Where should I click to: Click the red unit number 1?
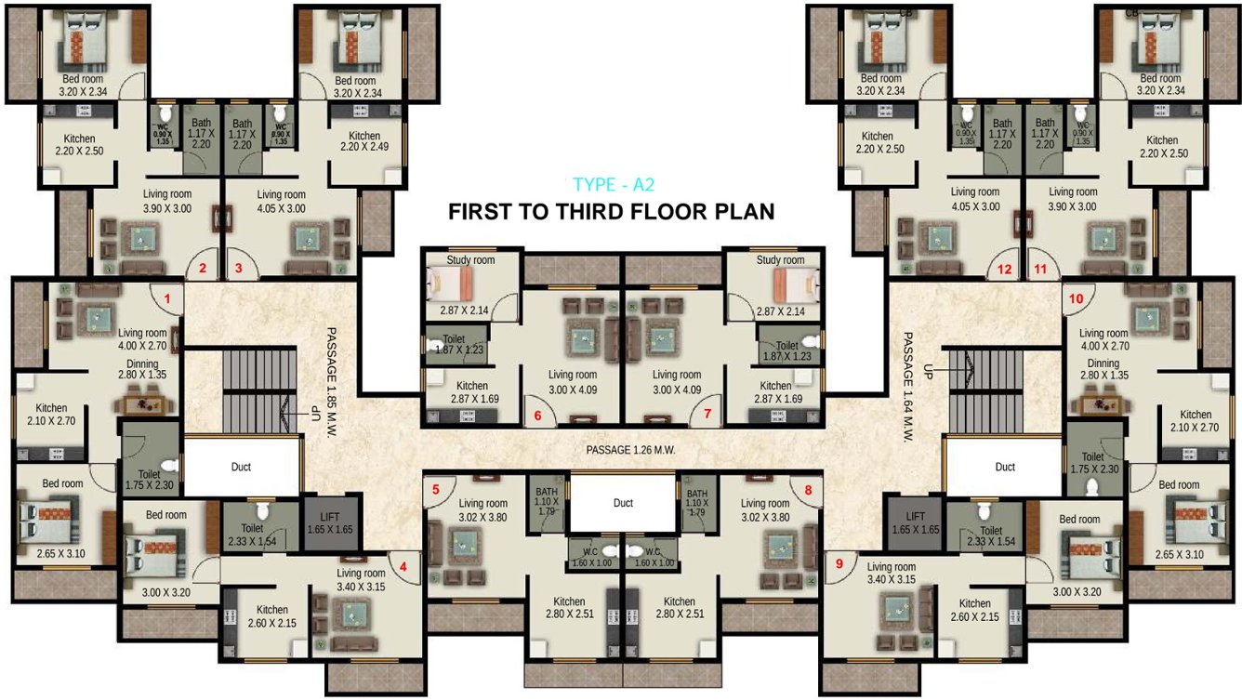pos(167,299)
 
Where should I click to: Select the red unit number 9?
pos(839,562)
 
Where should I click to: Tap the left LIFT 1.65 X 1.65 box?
pos(330,522)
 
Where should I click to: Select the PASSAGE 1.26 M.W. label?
pos(629,450)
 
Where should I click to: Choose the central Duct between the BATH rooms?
pos(623,503)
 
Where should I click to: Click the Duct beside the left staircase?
pos(241,467)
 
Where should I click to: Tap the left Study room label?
pos(470,260)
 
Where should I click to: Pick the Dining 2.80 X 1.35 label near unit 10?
pos(1103,369)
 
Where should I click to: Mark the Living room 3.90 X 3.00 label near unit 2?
pos(167,201)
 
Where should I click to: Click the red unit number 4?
pos(403,562)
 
